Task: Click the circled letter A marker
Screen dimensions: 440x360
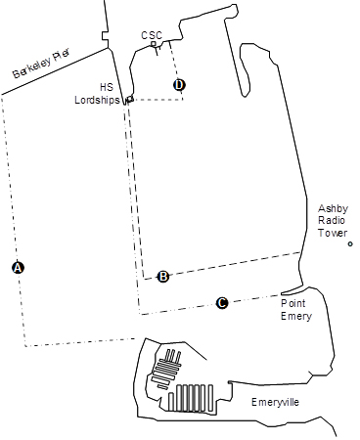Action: point(17,267)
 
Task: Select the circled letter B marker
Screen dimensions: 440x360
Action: point(163,276)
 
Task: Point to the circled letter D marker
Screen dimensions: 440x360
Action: point(179,85)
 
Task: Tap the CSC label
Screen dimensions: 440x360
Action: point(152,35)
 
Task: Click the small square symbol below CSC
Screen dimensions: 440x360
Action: point(154,44)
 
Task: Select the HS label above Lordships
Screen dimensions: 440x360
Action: point(107,85)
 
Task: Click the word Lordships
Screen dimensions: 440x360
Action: point(98,99)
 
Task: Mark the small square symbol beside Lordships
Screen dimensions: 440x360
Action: point(128,99)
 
